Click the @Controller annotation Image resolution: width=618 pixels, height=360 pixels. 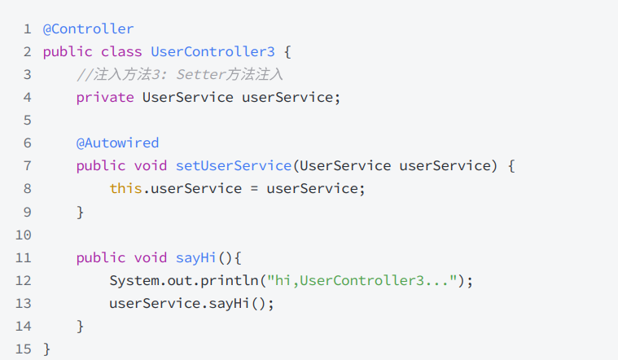(x=88, y=29)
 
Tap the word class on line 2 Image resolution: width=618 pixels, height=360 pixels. (x=121, y=52)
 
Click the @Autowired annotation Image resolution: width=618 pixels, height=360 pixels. (x=117, y=143)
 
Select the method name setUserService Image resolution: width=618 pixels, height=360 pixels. (x=234, y=166)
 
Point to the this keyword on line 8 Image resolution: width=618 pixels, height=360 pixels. (x=125, y=189)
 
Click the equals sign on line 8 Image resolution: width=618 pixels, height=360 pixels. (x=255, y=189)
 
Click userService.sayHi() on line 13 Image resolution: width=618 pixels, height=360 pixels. (x=191, y=304)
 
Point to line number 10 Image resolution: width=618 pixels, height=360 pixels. (x=23, y=235)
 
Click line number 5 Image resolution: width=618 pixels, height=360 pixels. (x=27, y=121)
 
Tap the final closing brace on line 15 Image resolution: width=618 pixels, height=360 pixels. (x=47, y=349)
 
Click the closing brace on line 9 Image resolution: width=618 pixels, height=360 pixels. (x=81, y=212)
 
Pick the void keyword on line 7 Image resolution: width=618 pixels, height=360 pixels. (x=151, y=166)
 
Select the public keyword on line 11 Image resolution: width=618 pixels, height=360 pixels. (x=101, y=258)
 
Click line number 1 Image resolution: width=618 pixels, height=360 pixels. (x=27, y=29)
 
